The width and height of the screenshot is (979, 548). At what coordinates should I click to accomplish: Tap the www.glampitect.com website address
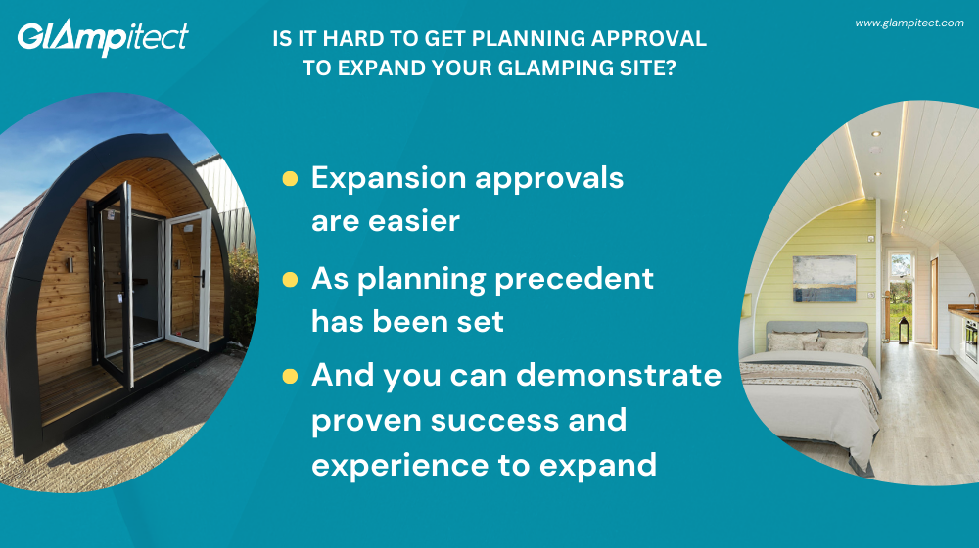[x=909, y=23]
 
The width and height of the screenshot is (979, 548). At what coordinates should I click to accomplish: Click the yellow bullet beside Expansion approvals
[x=290, y=178]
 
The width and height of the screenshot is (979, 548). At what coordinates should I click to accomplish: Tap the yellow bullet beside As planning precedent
[x=290, y=280]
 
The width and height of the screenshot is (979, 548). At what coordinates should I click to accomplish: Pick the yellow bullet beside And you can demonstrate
[x=290, y=376]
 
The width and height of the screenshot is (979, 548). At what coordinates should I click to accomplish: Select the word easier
[x=410, y=221]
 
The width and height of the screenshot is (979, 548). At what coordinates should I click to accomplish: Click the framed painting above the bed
[x=823, y=279]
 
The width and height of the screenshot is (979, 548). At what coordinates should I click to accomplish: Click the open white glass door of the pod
[x=187, y=279]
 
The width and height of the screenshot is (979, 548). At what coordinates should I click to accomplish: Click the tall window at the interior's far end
[x=901, y=294]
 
